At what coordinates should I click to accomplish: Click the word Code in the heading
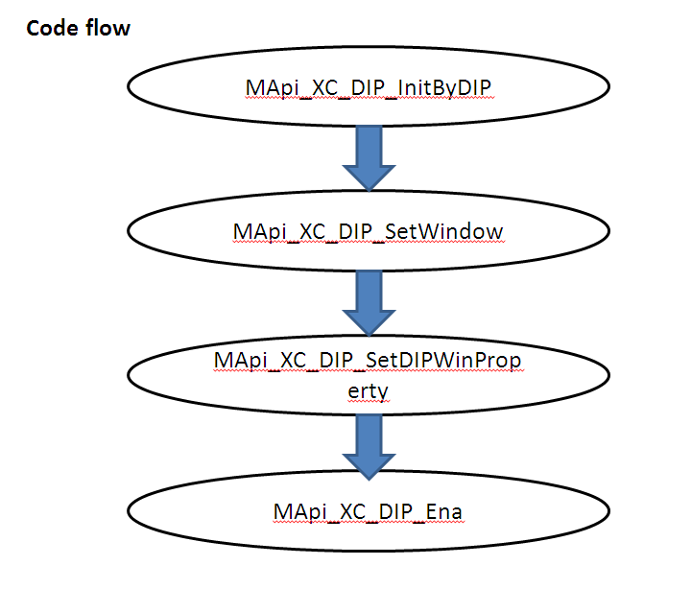(x=51, y=28)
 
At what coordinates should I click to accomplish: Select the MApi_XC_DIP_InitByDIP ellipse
(x=369, y=87)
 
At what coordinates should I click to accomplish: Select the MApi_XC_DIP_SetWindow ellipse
(x=369, y=233)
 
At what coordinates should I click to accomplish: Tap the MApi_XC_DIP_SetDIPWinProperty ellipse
(x=369, y=377)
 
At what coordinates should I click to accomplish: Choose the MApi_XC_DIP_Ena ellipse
(x=369, y=512)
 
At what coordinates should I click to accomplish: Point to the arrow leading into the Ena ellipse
(x=369, y=447)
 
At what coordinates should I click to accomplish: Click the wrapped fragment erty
(x=368, y=393)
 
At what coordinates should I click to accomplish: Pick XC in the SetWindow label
(x=305, y=233)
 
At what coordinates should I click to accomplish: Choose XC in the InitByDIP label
(x=318, y=88)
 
